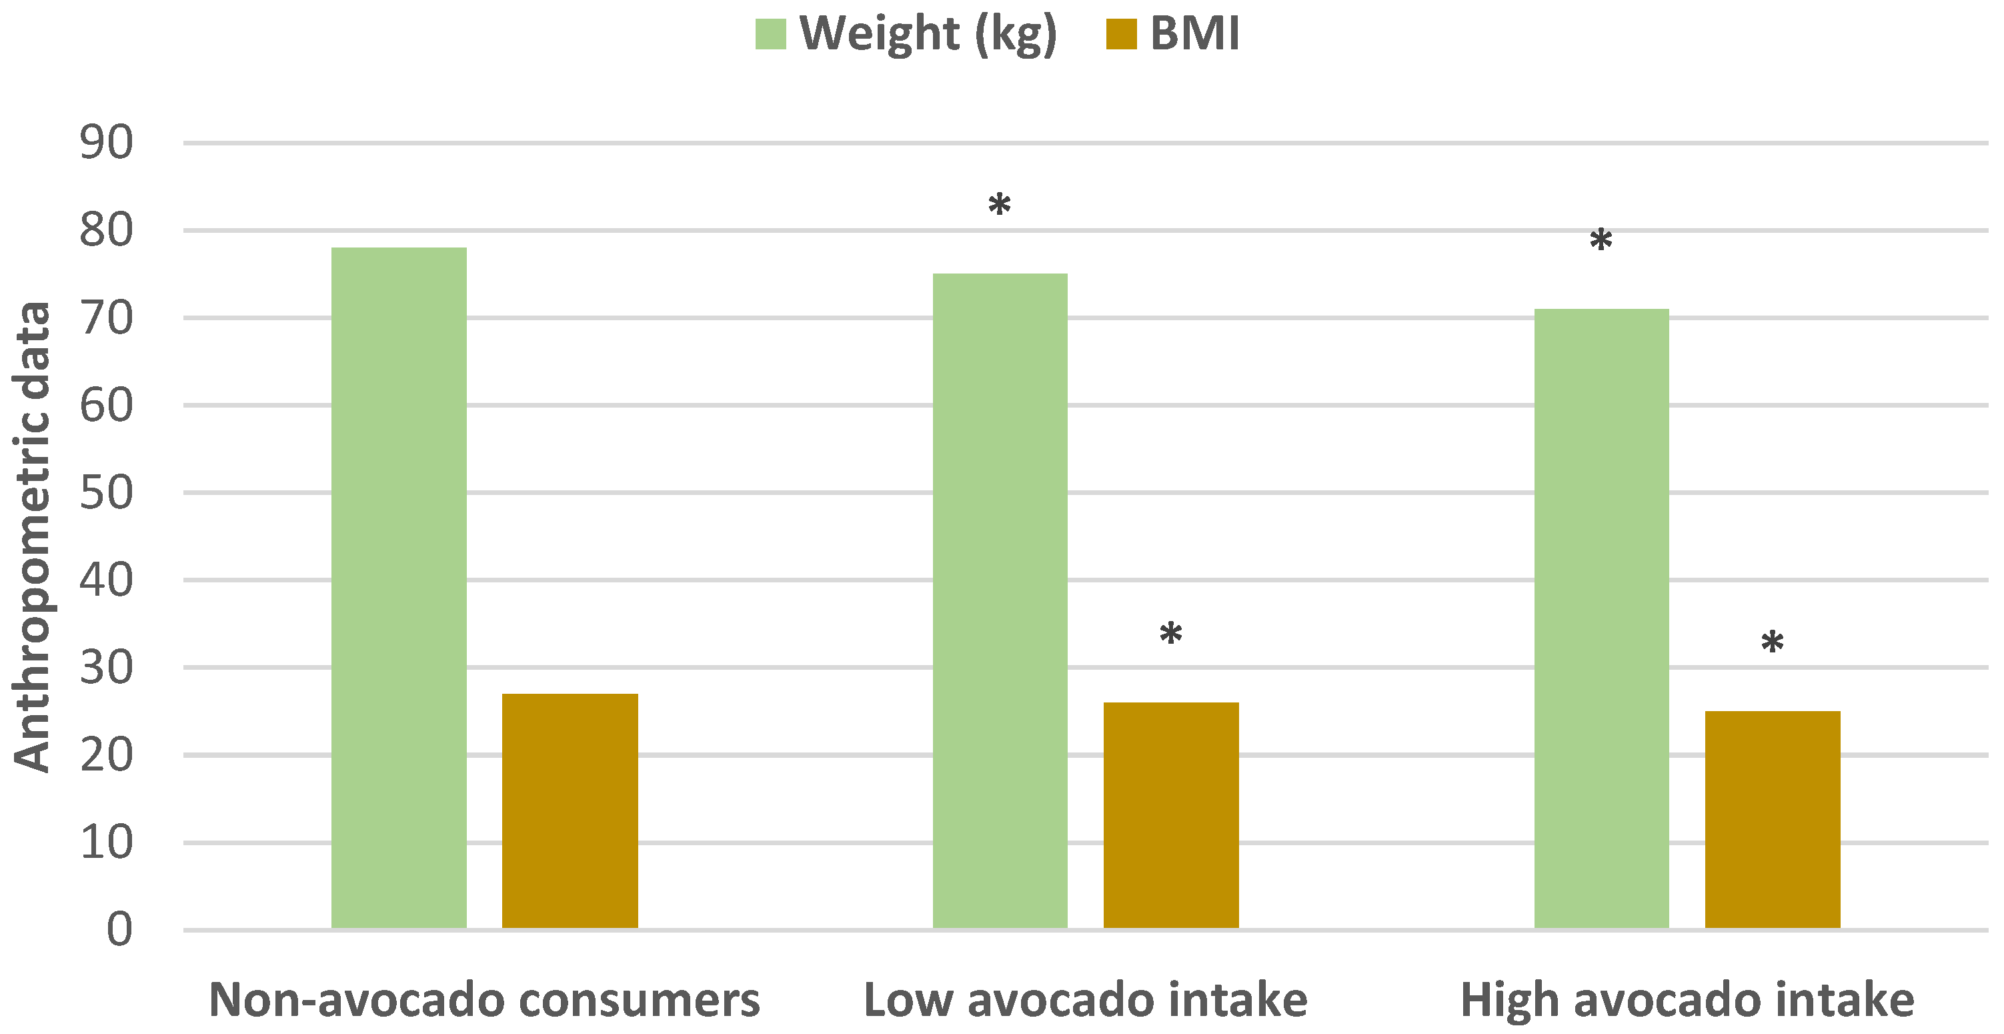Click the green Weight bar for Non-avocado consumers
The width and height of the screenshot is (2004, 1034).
click(398, 588)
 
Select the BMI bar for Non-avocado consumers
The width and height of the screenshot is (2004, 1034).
click(570, 811)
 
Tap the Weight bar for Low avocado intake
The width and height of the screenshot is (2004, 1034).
click(1000, 600)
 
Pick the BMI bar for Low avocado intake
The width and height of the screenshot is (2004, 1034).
click(1171, 815)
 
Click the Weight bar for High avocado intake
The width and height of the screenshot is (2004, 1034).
click(1601, 618)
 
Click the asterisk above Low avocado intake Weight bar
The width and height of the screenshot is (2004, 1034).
click(1000, 205)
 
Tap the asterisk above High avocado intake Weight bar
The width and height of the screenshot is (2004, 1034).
click(1601, 239)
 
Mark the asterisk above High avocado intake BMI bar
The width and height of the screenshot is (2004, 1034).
click(1772, 642)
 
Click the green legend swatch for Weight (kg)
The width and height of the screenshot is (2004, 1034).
click(770, 33)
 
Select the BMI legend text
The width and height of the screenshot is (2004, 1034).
click(1194, 33)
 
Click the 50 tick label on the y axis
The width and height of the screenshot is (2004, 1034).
click(107, 492)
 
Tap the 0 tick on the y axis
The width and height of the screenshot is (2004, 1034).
click(119, 929)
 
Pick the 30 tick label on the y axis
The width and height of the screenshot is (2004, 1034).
click(107, 668)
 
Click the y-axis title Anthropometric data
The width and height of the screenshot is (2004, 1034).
click(33, 537)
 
